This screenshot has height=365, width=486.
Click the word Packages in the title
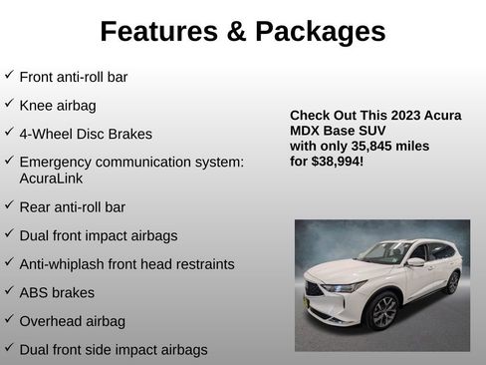(x=321, y=32)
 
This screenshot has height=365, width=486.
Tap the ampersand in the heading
(x=238, y=32)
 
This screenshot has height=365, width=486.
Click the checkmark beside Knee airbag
(x=9, y=103)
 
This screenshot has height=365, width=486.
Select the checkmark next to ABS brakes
(x=9, y=291)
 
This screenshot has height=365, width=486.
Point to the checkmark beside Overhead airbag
(x=9, y=319)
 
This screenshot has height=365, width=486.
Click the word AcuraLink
(x=50, y=179)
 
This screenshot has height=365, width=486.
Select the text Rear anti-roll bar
(x=72, y=207)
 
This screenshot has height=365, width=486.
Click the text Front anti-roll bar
(x=74, y=76)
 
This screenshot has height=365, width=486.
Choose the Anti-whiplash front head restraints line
(x=126, y=264)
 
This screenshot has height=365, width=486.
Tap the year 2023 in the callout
(x=402, y=116)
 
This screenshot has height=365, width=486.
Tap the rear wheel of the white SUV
(x=453, y=282)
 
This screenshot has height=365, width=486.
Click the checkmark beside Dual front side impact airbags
(x=9, y=348)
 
